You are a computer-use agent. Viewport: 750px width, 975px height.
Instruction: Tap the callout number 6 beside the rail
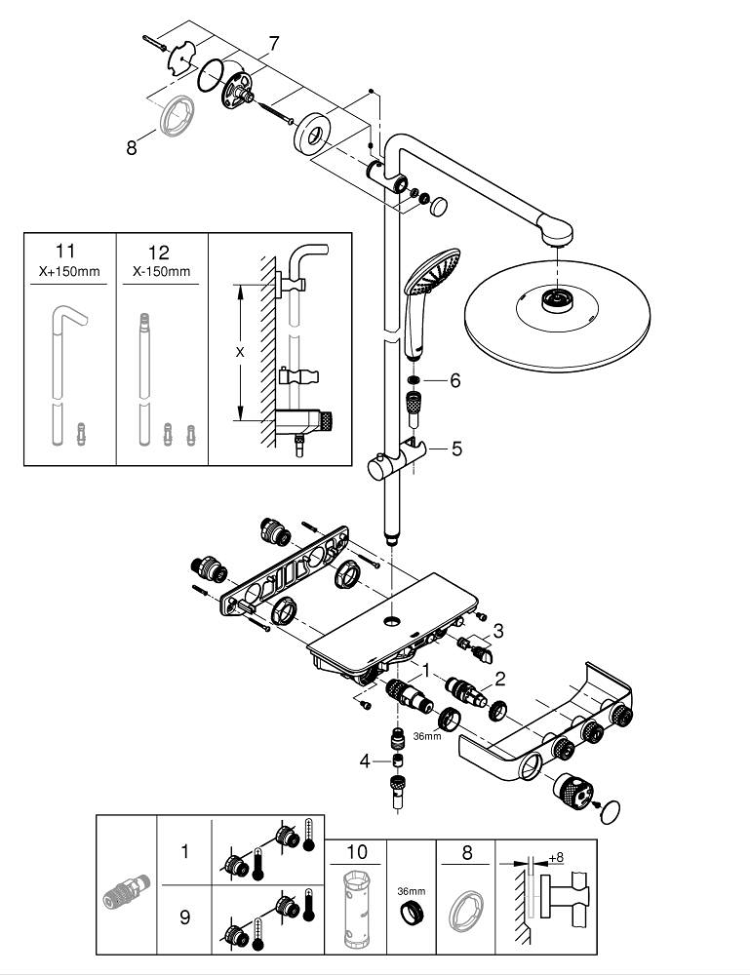coord(454,380)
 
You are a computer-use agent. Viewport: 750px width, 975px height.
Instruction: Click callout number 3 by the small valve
coord(497,630)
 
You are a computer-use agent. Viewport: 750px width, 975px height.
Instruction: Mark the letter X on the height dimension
coord(240,353)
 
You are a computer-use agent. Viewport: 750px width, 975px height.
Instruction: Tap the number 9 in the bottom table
coord(185,916)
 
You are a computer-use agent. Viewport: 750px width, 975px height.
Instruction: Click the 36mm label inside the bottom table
coord(411,891)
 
